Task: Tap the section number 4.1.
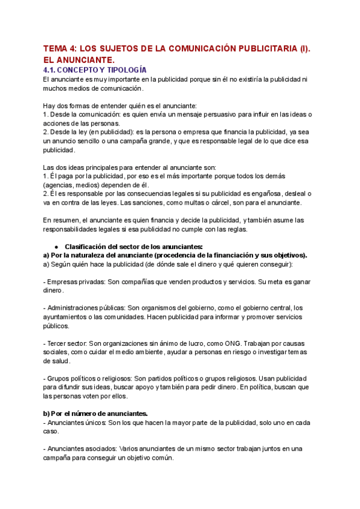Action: pos(53,70)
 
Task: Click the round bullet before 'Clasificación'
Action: pos(56,247)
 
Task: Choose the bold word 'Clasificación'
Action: pos(87,247)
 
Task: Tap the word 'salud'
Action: pos(59,361)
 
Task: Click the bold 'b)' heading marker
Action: pos(47,414)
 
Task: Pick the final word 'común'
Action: pos(163,458)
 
